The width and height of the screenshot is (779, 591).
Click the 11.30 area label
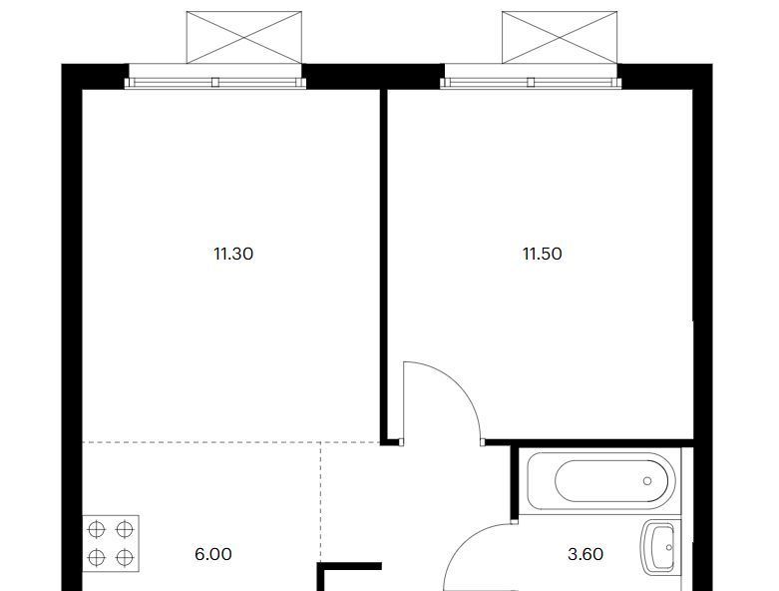tap(233, 254)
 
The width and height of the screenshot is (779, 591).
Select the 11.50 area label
tap(543, 254)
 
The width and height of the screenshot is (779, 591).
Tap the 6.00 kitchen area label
tap(213, 554)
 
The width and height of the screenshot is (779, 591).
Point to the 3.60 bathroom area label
tap(585, 554)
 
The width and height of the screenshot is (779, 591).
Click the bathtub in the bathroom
tap(601, 480)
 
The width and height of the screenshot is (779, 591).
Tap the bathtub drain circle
tap(647, 481)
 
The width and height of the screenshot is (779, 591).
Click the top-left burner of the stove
tap(97, 530)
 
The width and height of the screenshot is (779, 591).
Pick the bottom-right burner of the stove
tap(125, 558)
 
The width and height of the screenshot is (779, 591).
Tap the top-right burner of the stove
tap(125, 530)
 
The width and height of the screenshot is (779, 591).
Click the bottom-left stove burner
tap(97, 558)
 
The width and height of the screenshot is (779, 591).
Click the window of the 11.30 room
tap(215, 83)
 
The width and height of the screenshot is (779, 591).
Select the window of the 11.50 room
tap(531, 83)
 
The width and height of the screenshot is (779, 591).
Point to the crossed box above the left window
tap(244, 37)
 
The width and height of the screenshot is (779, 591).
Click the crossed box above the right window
tap(560, 37)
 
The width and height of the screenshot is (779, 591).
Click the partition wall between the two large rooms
tap(384, 266)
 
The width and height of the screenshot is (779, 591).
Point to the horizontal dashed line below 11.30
tap(231, 442)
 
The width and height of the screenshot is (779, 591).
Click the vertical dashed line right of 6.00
tap(321, 502)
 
